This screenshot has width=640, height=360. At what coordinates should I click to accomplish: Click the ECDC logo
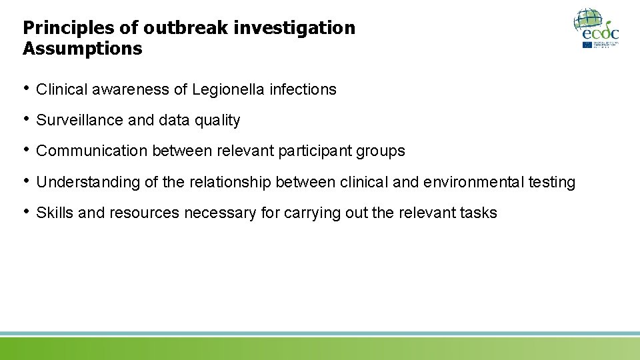(596, 28)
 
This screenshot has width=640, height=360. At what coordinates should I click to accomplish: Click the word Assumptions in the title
(82, 49)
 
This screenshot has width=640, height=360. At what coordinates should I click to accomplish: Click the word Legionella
(229, 89)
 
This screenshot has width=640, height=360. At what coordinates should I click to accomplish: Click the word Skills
(55, 213)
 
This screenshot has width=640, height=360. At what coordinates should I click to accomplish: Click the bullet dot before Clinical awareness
(27, 89)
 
